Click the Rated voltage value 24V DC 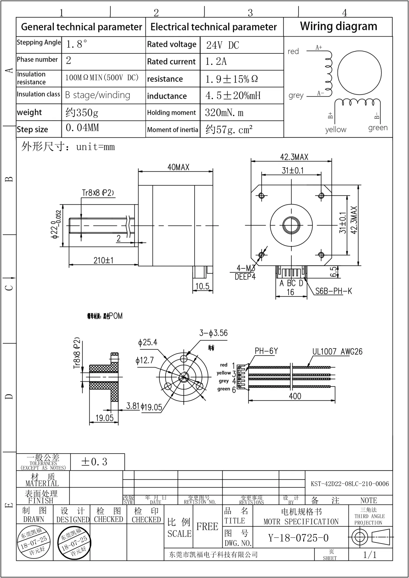pyautogui.click(x=223, y=45)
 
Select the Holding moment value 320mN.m pyautogui.click(x=224, y=112)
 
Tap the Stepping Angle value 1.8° pyautogui.click(x=77, y=44)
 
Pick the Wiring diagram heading pyautogui.click(x=338, y=26)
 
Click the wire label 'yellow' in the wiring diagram pyautogui.click(x=336, y=130)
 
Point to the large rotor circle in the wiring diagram pyautogui.click(x=359, y=73)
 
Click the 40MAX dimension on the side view pyautogui.click(x=178, y=167)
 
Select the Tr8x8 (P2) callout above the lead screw pyautogui.click(x=98, y=193)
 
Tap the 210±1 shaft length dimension pyautogui.click(x=103, y=260)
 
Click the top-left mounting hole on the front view pyautogui.click(x=262, y=195)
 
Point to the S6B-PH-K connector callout pyautogui.click(x=333, y=291)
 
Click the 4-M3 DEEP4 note pyautogui.click(x=245, y=272)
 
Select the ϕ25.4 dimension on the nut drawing pyautogui.click(x=148, y=342)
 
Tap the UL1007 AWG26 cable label pyautogui.click(x=337, y=352)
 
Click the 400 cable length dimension pyautogui.click(x=295, y=396)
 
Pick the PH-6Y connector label pyautogui.click(x=266, y=351)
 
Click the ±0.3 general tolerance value pyautogui.click(x=94, y=462)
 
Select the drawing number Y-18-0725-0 pyautogui.click(x=298, y=538)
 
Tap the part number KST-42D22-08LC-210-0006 pyautogui.click(x=350, y=484)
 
